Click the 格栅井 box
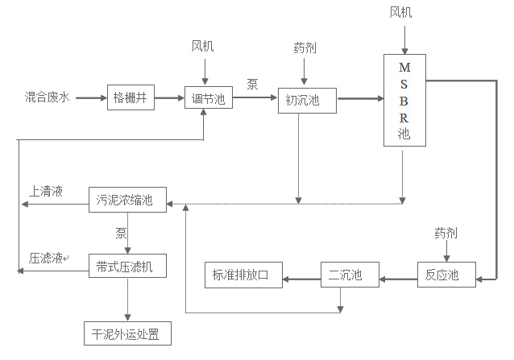[x=130, y=98]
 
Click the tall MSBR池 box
[x=404, y=101]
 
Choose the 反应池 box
[x=442, y=275]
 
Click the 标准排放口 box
[x=242, y=275]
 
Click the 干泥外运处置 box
[x=127, y=333]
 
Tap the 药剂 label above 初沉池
[x=305, y=48]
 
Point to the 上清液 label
[x=46, y=192]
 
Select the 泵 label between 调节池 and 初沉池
[x=252, y=84]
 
